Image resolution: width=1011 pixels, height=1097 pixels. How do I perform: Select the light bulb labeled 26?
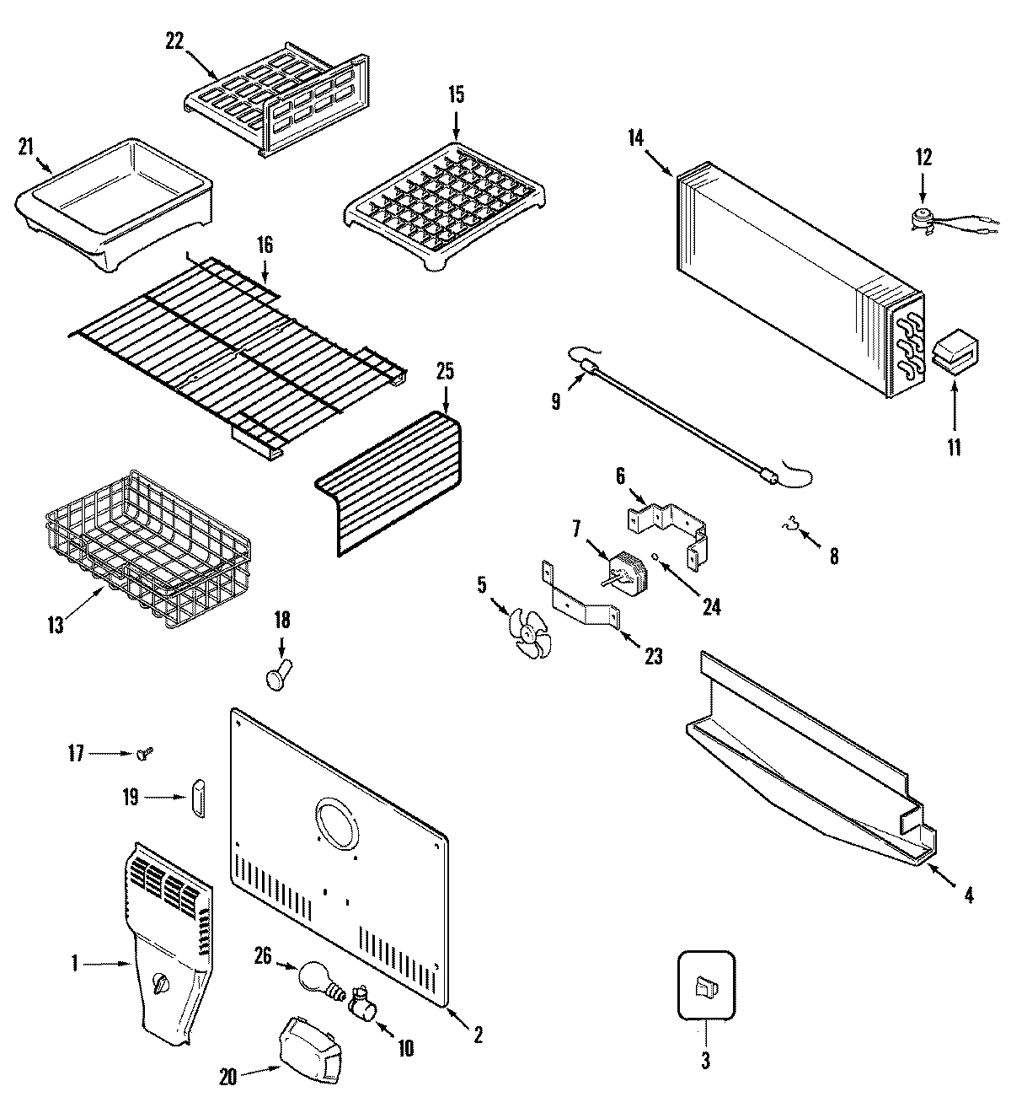317,977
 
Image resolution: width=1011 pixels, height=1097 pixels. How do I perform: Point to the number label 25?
444,370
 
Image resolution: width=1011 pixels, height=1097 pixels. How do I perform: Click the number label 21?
26,147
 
